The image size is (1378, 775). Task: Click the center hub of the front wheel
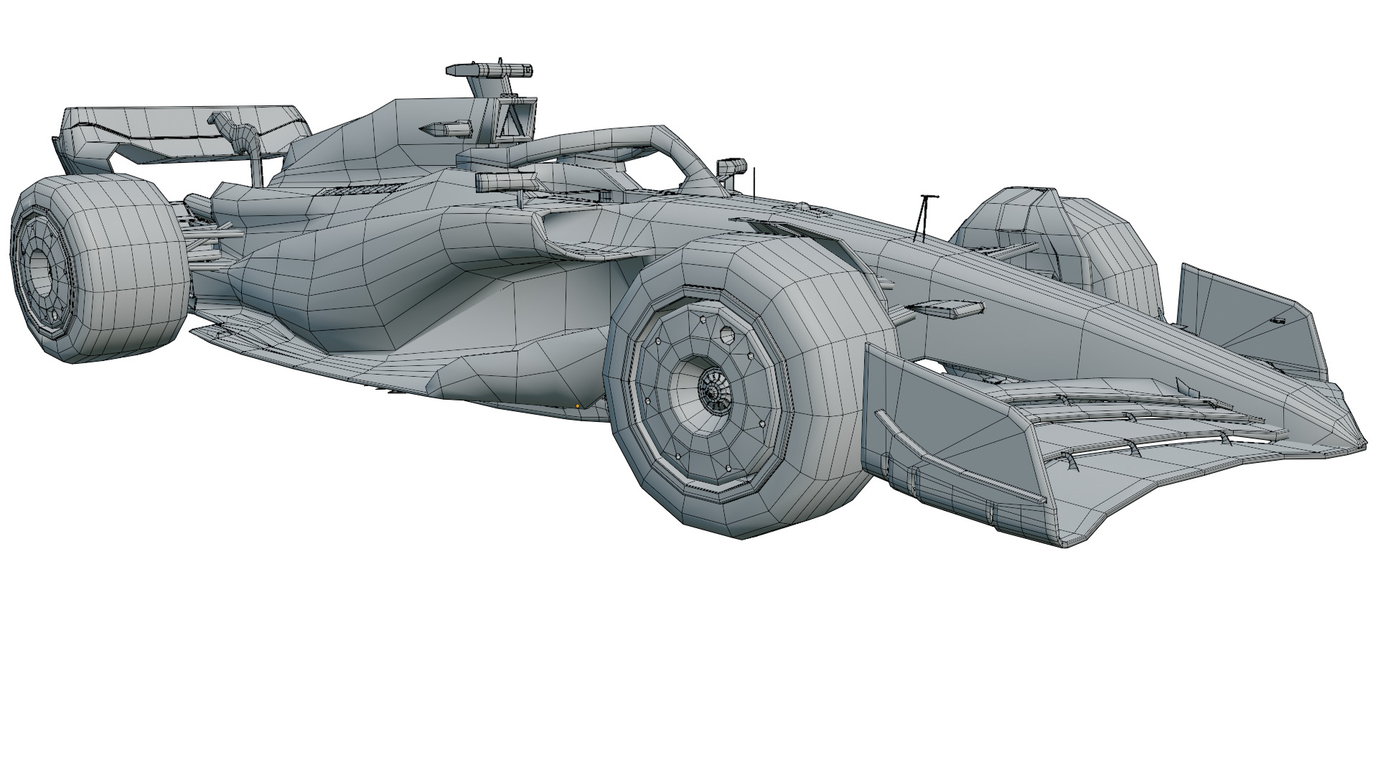click(x=713, y=390)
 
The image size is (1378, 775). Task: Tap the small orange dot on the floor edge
click(x=578, y=406)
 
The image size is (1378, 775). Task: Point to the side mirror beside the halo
click(x=730, y=167)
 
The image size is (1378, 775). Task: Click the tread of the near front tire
click(x=825, y=301)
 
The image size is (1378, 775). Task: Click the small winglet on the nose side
click(x=947, y=309)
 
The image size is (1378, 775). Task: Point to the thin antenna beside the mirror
click(x=754, y=181)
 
